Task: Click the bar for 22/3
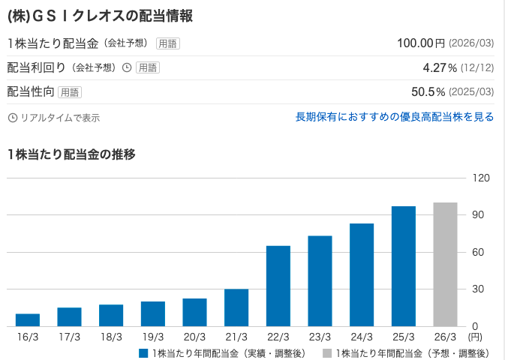(x=278, y=286)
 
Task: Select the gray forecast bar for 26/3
(x=445, y=264)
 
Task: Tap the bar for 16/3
(x=28, y=320)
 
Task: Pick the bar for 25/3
(x=403, y=266)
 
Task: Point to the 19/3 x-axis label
(x=152, y=338)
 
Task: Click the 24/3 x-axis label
(x=361, y=338)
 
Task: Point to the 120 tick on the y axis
(x=480, y=178)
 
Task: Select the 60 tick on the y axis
(x=480, y=252)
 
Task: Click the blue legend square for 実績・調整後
(x=143, y=352)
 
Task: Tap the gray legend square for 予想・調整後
(x=327, y=352)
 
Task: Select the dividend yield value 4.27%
(x=440, y=67)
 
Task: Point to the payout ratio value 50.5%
(x=428, y=92)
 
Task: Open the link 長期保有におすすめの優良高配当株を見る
(x=395, y=117)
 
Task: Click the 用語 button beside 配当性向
(x=70, y=92)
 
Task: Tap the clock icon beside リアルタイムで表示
(x=12, y=118)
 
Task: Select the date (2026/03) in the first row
(x=471, y=43)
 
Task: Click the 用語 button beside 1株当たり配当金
(x=168, y=43)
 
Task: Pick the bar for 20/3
(x=194, y=312)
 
